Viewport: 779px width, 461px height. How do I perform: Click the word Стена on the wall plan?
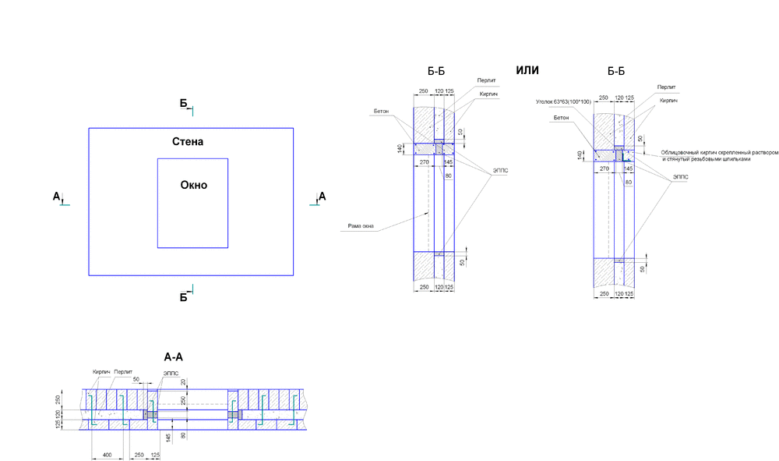point(188,142)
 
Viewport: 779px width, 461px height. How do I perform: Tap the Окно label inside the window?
point(193,185)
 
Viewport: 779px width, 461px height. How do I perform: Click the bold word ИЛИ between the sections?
point(527,70)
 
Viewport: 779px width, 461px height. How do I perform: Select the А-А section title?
point(173,356)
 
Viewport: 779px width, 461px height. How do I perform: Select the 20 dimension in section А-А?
point(184,382)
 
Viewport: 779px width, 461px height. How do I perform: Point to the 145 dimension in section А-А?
point(168,438)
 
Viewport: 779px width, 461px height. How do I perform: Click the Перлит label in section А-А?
point(123,372)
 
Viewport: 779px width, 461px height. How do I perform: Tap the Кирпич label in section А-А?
point(100,372)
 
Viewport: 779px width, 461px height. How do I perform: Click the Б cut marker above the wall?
point(184,103)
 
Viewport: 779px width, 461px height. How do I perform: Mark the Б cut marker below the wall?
point(184,296)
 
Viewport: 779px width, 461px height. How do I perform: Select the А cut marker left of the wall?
point(56,197)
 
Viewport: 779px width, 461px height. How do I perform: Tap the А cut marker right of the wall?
point(323,196)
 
